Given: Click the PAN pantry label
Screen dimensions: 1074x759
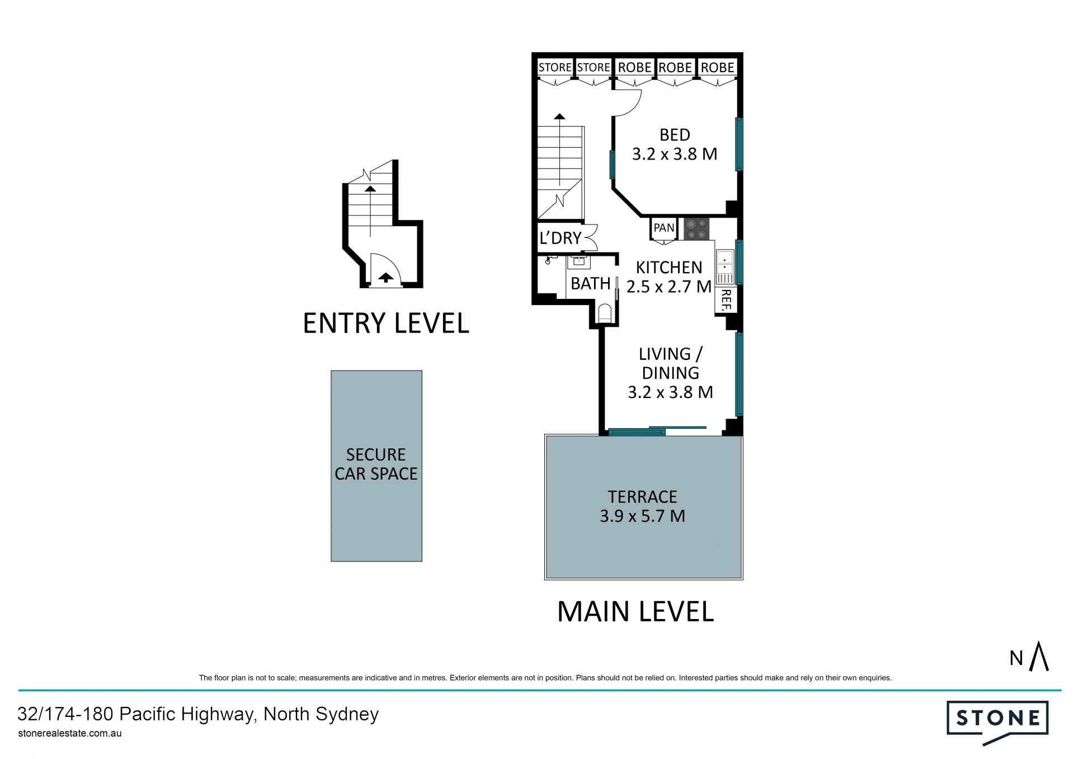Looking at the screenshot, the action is [x=664, y=228].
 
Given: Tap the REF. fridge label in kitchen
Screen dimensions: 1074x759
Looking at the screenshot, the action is [x=726, y=300].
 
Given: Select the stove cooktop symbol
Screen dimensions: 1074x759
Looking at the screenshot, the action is [x=696, y=229].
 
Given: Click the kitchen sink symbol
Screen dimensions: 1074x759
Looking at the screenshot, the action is [x=724, y=267].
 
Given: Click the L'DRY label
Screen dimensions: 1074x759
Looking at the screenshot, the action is [x=560, y=238].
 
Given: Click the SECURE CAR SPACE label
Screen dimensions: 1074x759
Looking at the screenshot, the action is [x=376, y=464].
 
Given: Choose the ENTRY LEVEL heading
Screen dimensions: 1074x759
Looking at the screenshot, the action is [x=386, y=324].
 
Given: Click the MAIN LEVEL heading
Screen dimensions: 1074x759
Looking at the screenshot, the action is [x=635, y=612].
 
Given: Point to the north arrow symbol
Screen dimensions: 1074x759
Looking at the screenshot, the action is [x=1039, y=656].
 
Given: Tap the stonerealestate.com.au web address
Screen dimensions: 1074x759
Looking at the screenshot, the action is [x=70, y=733].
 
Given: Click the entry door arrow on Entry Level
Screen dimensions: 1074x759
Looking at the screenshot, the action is [x=385, y=277].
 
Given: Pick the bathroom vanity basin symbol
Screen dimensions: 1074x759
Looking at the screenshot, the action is [x=578, y=262].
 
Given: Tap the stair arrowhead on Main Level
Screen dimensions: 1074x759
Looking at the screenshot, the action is [x=559, y=116].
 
